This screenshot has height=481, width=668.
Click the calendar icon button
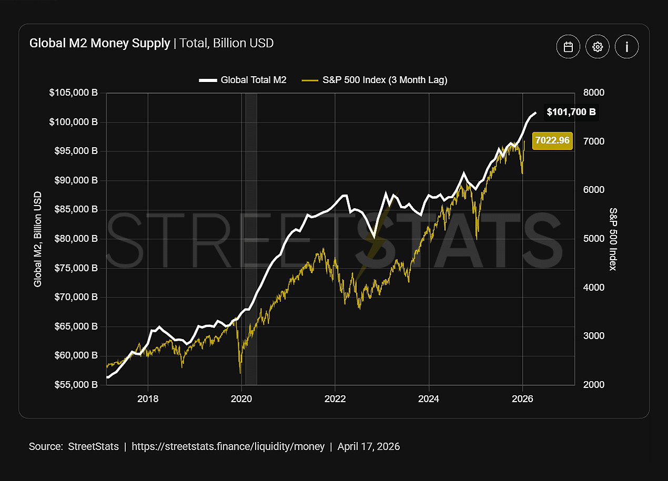568,47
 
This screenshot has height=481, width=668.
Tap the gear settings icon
597,47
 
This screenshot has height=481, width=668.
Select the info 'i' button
626,47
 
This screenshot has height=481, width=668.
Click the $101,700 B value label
571,112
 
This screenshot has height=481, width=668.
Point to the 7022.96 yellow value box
552,141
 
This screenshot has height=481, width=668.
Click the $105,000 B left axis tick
73,93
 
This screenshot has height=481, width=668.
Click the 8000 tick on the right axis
594,93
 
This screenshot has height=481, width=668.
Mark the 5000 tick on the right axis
594,239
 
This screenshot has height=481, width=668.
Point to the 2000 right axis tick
594,384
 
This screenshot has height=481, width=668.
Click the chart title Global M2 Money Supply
100,43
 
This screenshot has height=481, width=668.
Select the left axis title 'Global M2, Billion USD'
38,239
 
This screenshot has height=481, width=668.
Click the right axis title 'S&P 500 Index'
612,239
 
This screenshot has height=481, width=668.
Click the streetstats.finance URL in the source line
228,447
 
